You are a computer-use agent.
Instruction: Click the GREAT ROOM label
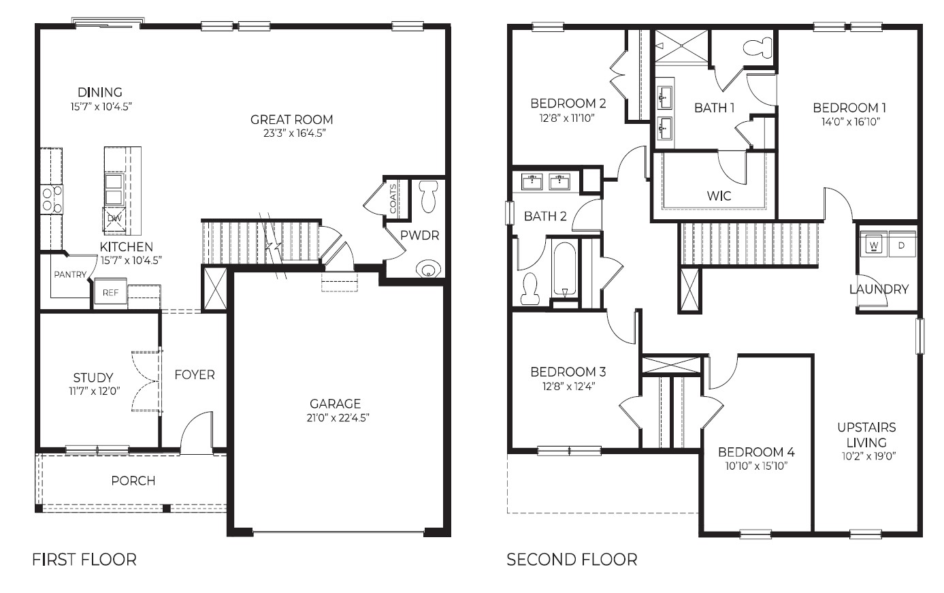point(291,120)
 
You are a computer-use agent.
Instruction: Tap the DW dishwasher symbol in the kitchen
point(113,219)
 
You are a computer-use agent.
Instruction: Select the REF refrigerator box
point(110,293)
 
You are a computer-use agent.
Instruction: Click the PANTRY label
point(70,275)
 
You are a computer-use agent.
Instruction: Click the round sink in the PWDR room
point(428,270)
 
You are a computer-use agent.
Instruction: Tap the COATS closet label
point(393,197)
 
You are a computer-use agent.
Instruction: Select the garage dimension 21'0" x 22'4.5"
point(338,418)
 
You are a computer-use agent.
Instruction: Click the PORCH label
point(133,481)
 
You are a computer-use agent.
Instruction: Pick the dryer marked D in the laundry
point(901,244)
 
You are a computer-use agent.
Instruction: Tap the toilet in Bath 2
point(530,289)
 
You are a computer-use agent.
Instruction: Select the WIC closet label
point(719,196)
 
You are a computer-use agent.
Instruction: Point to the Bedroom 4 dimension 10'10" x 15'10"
point(756,467)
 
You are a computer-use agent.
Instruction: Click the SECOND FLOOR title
point(572,560)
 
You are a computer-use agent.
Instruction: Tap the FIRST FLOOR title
point(84,560)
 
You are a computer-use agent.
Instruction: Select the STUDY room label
point(93,378)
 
